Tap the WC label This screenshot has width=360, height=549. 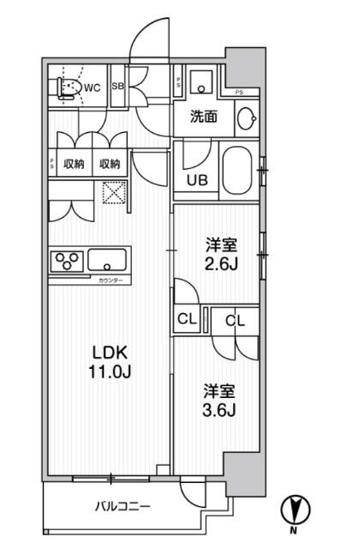(93, 87)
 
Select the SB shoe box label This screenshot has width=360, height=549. (118, 87)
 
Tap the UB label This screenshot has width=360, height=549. (196, 180)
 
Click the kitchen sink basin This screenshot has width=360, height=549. (107, 259)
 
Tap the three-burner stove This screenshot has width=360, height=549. (66, 260)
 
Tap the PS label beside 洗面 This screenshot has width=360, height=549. (239, 92)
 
